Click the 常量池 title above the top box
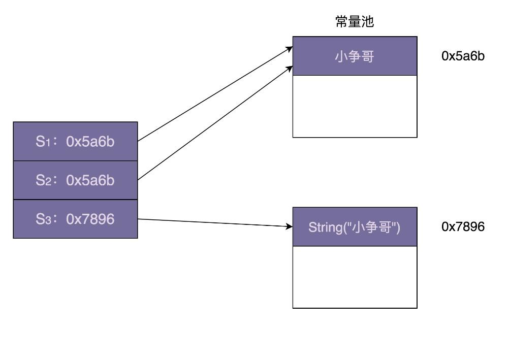click(355, 22)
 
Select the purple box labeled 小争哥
click(355, 56)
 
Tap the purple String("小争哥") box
click(355, 227)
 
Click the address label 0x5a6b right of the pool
click(463, 56)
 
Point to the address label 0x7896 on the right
click(463, 227)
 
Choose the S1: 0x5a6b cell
click(75, 142)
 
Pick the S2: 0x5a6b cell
click(75, 180)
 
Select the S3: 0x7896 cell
click(75, 219)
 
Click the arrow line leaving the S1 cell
click(213, 94)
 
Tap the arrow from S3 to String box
click(213, 222)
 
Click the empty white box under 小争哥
click(355, 106)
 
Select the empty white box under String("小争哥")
click(355, 277)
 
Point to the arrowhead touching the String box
click(290, 226)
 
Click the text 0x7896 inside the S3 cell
click(90, 219)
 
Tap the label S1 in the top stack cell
click(43, 142)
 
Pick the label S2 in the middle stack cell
click(43, 180)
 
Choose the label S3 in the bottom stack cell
click(43, 219)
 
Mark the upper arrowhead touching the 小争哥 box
click(290, 48)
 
